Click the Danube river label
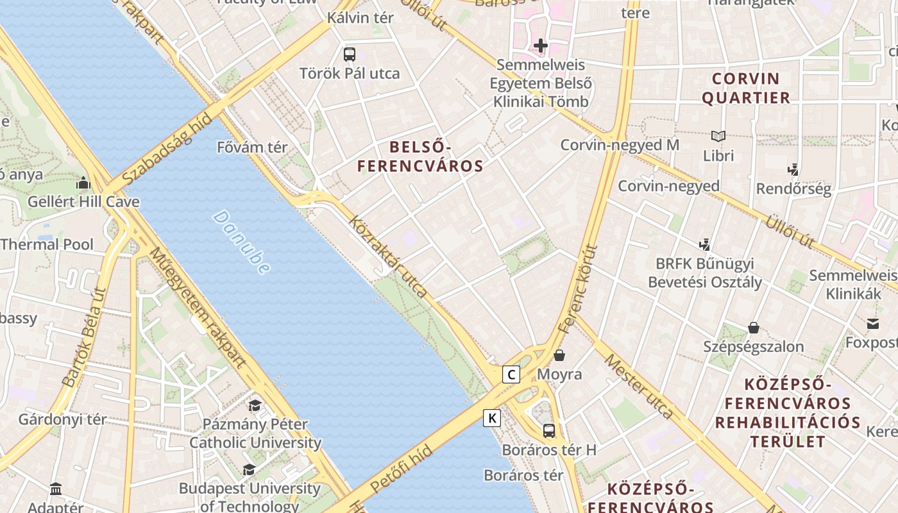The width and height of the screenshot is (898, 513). pos(241,242)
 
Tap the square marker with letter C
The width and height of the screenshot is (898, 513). pos(511,374)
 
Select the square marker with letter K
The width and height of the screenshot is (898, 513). pos(492,418)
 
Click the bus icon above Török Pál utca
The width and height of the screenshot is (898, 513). pos(349,55)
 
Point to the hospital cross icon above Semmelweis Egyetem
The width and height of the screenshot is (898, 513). pos(541,46)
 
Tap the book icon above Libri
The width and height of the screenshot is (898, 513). pos(718,136)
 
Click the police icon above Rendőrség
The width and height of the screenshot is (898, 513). pos(793,170)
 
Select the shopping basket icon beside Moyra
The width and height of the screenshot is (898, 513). pos(559,355)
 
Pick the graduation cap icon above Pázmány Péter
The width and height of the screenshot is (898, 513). pos(255,405)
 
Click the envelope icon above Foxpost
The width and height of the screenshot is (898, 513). pos(872,323)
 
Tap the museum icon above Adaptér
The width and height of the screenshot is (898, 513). pos(56,489)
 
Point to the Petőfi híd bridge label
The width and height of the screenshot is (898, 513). pos(402,469)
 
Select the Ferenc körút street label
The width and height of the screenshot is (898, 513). pos(578,289)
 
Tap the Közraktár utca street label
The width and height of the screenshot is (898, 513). pos(387,256)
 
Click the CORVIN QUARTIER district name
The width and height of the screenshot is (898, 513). pos(745,88)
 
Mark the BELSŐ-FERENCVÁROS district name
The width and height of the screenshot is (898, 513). pos(420,157)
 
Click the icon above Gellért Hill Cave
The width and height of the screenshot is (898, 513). pos(83,183)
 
